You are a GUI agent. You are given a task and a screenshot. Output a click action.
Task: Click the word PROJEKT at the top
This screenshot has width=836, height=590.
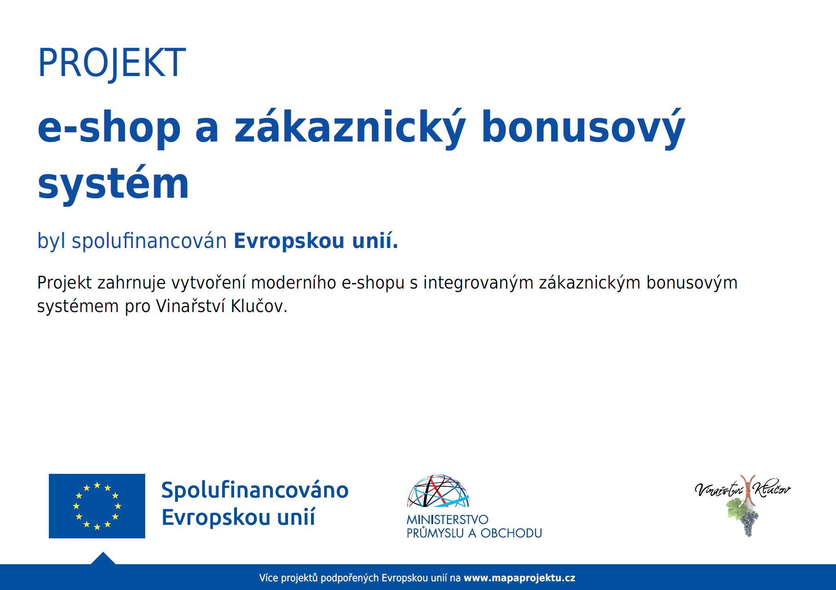click(x=112, y=63)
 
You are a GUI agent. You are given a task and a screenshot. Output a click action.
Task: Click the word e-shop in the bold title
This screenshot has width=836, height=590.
click(x=109, y=128)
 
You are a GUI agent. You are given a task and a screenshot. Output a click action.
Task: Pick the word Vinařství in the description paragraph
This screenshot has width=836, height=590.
click(x=190, y=306)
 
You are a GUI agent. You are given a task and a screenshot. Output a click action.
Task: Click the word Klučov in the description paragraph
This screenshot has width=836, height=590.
click(x=259, y=306)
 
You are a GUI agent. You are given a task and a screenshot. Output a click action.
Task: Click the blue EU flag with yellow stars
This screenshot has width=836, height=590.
click(x=97, y=506)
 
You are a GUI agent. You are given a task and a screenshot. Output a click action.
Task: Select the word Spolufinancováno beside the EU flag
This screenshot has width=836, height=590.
click(x=255, y=490)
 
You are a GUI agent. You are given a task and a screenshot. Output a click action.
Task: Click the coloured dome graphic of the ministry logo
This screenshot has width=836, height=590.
click(x=438, y=491)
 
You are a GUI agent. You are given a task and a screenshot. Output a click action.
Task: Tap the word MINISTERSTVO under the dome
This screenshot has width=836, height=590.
click(x=447, y=520)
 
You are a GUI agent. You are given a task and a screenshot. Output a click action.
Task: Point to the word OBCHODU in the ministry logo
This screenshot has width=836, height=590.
click(x=511, y=533)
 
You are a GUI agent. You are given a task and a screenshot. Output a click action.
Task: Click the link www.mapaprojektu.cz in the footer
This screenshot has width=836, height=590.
click(x=519, y=578)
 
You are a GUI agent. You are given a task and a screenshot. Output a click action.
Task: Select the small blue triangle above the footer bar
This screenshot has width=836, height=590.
click(x=103, y=558)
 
